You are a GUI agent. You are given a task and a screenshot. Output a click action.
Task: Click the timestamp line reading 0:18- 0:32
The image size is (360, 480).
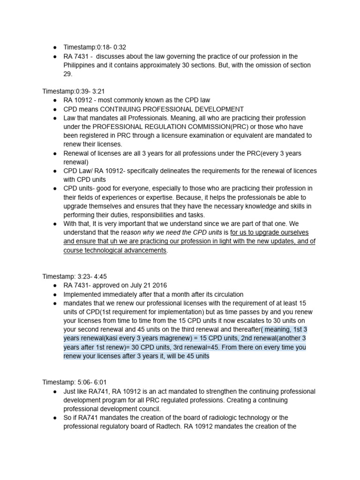pos(95,47)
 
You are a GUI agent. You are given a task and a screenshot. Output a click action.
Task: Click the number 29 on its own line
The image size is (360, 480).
pos(68,74)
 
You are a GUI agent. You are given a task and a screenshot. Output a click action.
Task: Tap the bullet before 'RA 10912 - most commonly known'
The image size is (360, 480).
pos(55,100)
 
